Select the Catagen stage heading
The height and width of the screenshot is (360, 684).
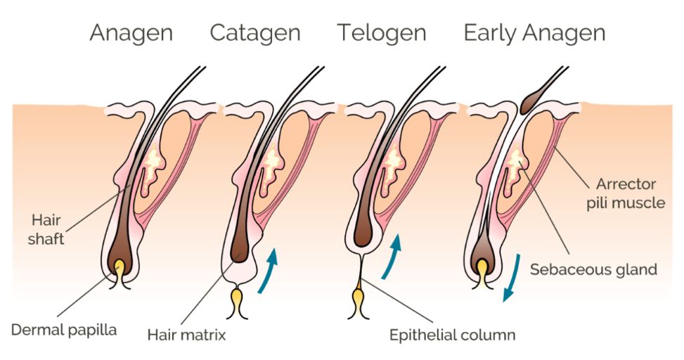click(255, 32)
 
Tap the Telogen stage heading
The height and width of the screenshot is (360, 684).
click(381, 32)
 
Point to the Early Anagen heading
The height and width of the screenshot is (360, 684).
click(534, 32)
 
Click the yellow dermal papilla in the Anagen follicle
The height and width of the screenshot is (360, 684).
click(120, 268)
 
